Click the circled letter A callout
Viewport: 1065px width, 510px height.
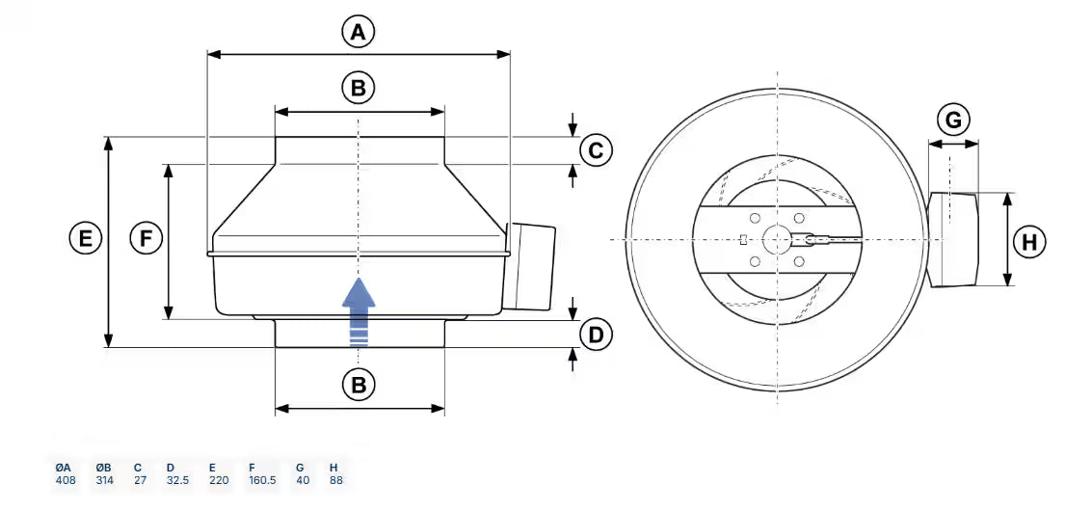[x=359, y=33]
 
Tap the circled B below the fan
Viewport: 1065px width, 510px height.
[x=359, y=386]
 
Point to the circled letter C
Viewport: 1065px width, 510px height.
[x=596, y=151]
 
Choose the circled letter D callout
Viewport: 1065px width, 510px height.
[x=596, y=336]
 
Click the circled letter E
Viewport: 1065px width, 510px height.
[x=86, y=238]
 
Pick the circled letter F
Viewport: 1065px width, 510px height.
[x=146, y=238]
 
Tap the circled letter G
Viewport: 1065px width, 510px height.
[x=953, y=121]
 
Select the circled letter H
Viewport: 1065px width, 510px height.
[x=1030, y=241]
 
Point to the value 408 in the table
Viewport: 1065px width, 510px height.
[x=66, y=480]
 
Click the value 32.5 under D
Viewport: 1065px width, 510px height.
[x=176, y=480]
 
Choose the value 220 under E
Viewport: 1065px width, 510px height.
[x=219, y=480]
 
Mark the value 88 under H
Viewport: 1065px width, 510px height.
[x=335, y=480]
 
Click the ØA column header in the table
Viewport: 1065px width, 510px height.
[x=65, y=467]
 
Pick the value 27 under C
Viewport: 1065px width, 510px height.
[x=140, y=480]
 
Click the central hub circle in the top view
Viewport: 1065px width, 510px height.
[x=777, y=239]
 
